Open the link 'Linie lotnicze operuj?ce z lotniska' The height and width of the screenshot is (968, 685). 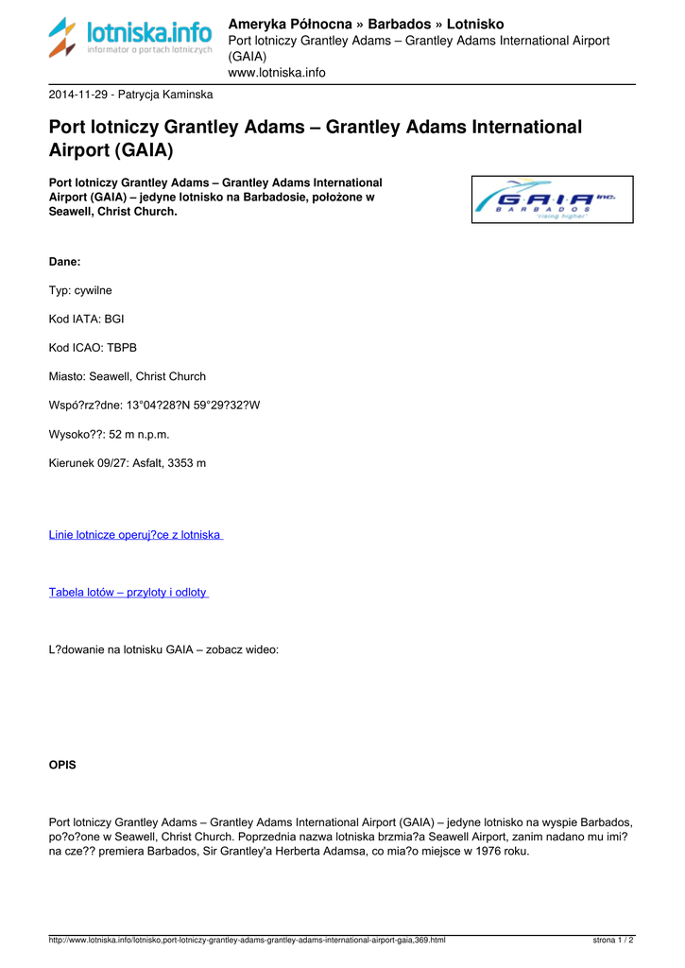coord(135,535)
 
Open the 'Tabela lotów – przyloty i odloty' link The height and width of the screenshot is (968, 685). coord(128,592)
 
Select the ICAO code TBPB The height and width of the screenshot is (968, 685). coord(120,348)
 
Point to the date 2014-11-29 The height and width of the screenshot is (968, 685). coord(77,95)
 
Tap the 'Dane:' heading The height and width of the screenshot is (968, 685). coord(65,261)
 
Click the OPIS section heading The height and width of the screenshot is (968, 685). coord(62,765)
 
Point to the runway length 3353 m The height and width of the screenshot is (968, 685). coord(186,463)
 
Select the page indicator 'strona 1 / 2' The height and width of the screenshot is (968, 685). coord(613,941)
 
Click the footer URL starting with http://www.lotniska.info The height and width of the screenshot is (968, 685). coord(247,941)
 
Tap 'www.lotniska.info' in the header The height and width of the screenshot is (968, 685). coord(277,72)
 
